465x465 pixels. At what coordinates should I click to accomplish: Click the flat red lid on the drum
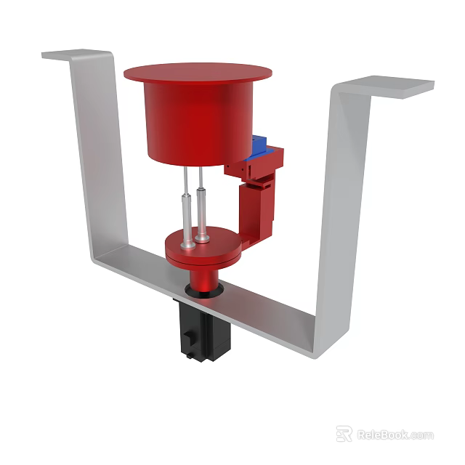click(198, 73)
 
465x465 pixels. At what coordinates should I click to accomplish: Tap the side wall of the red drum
click(193, 124)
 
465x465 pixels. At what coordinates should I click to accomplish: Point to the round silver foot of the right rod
click(202, 237)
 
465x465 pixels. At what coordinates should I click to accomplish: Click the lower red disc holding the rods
click(218, 251)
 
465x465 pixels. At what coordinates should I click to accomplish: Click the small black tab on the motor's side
click(189, 339)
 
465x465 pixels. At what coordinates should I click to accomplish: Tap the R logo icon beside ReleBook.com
click(344, 434)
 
